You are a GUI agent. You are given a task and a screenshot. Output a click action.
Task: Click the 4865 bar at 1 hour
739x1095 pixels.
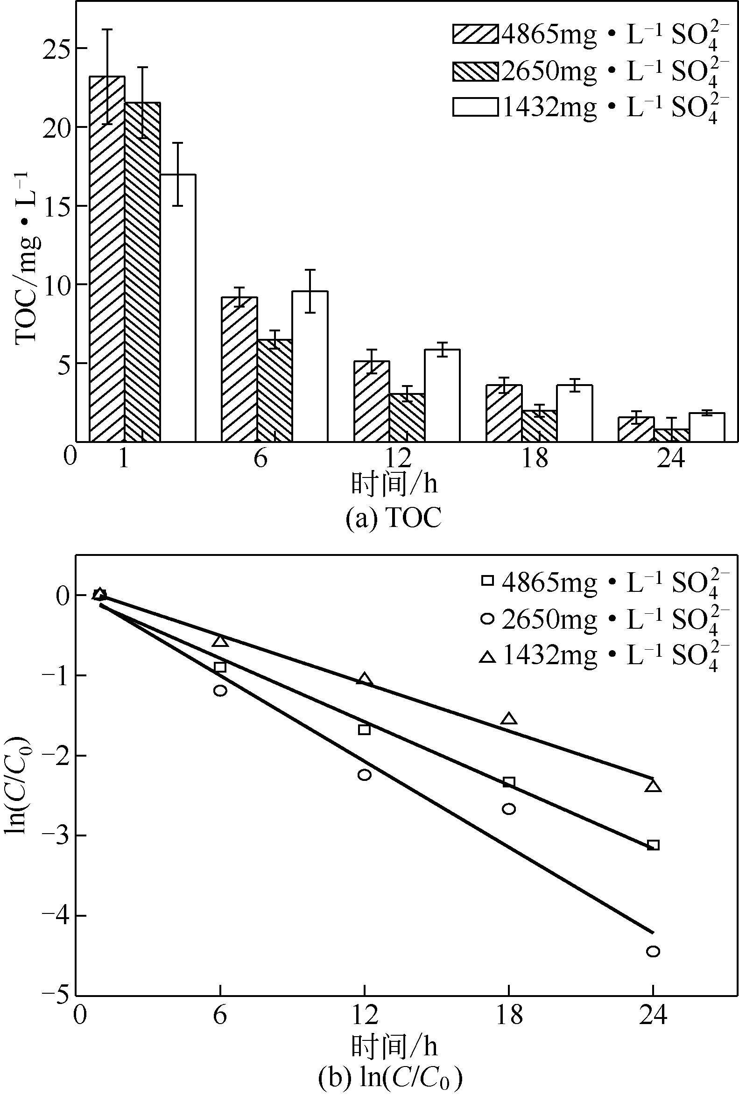point(107,259)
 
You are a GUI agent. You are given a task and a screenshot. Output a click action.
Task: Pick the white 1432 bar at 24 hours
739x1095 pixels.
point(706,428)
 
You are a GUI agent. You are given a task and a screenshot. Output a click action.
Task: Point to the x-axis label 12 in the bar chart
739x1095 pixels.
point(398,457)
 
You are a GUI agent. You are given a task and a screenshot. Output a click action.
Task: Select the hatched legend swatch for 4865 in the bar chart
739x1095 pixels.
point(475,35)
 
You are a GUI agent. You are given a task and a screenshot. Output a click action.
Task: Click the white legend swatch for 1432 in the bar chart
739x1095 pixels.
point(475,107)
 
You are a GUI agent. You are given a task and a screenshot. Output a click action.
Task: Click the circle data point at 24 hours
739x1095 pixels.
point(653,951)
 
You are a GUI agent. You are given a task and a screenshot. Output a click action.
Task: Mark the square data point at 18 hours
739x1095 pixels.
point(508,783)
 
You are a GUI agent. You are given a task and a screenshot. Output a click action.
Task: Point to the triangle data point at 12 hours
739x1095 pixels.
point(364,680)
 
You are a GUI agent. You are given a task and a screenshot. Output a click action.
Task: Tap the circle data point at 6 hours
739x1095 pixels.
point(220,691)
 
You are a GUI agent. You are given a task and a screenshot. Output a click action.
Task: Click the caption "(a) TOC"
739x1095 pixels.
point(394,519)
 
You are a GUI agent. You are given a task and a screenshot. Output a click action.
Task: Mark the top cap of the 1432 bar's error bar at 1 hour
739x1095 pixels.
point(178,143)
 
